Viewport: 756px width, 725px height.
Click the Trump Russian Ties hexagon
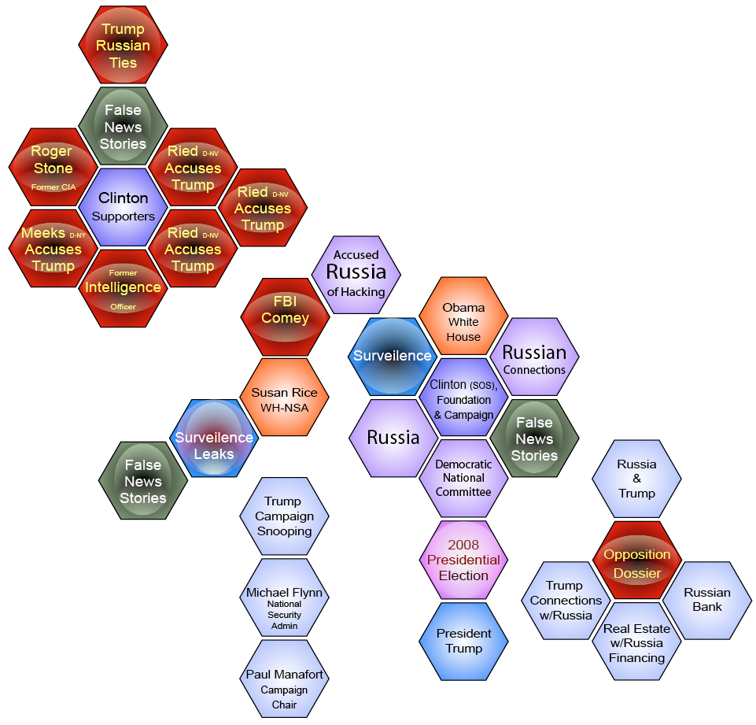(123, 46)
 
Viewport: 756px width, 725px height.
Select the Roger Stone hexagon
(53, 167)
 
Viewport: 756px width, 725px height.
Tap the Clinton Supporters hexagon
(123, 207)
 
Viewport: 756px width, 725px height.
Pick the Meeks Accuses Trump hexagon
(53, 248)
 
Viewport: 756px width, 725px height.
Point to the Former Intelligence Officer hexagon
(123, 288)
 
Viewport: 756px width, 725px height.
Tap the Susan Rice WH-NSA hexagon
(284, 398)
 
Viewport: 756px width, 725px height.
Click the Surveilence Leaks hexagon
(214, 438)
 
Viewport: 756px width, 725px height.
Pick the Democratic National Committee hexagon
(463, 478)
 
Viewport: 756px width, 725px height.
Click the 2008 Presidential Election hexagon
(463, 560)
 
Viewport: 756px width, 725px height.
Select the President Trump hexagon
(463, 641)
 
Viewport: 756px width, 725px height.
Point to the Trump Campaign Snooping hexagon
(284, 516)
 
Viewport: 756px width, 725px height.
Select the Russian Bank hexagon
(706, 600)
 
